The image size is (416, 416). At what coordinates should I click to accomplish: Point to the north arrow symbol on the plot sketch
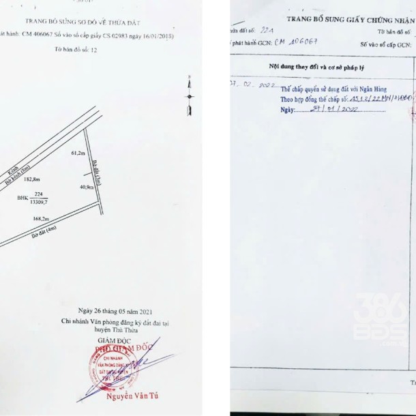pyautogui.click(x=190, y=98)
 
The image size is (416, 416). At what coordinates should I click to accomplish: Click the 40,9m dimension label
pyautogui.click(x=87, y=186)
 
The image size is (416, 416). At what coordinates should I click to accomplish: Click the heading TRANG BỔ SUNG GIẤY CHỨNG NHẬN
pyautogui.click(x=348, y=20)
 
